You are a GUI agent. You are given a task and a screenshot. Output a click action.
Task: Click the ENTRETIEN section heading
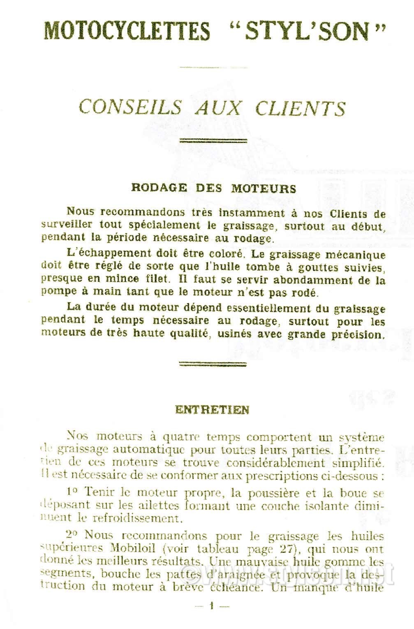212,410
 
